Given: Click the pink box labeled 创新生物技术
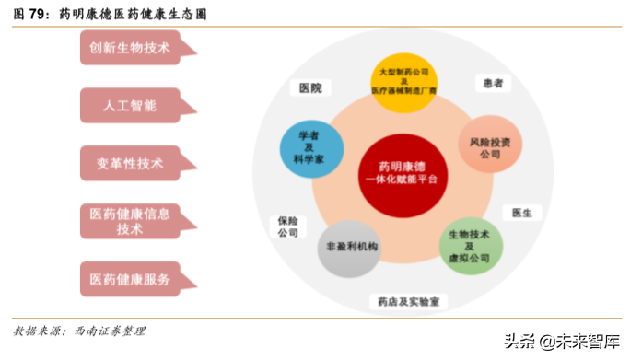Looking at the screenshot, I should point(129,49).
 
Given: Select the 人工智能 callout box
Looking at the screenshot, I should point(129,106).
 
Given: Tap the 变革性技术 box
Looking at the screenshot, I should point(129,164).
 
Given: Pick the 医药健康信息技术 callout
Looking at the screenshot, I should point(129,221).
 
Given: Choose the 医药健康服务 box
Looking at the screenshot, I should point(129,278).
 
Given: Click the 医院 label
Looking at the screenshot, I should point(310,88).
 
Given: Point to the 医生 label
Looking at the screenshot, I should point(521,213).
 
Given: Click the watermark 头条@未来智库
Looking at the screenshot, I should point(561,341).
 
